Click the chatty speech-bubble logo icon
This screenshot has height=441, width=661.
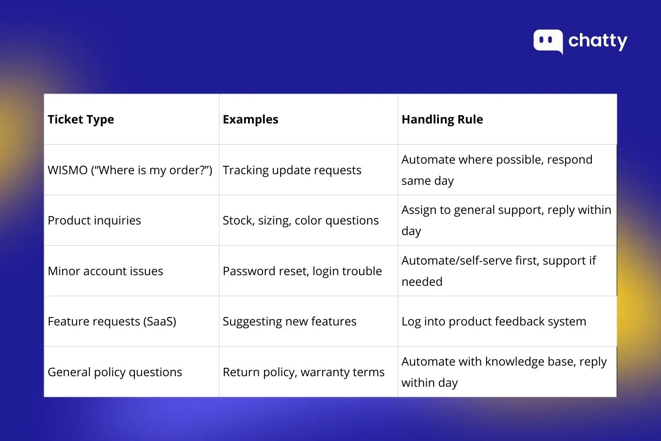(548, 41)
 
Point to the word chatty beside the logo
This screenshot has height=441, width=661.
(598, 41)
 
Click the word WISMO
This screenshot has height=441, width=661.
(67, 170)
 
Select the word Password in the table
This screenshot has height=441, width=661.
(248, 271)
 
